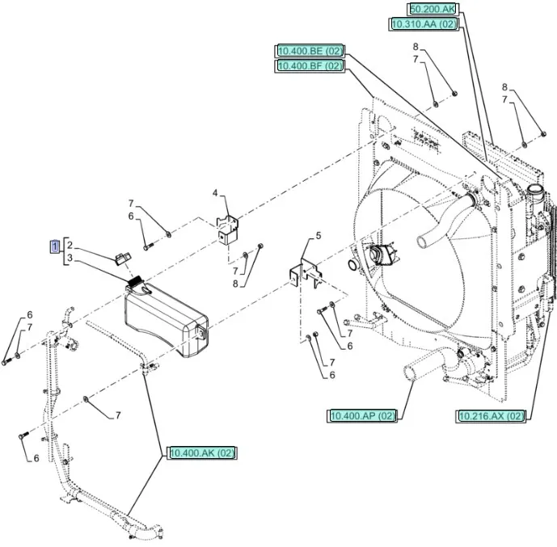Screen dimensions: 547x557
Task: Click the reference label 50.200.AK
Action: [433, 9]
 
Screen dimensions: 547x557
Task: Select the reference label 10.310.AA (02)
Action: [424, 25]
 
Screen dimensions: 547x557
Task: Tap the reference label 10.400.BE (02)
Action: [310, 51]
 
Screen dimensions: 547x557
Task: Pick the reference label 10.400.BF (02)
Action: [310, 66]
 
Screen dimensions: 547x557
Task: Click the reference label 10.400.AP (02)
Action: [363, 415]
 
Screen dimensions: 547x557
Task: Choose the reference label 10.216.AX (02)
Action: [491, 415]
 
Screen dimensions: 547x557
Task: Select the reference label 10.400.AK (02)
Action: [202, 453]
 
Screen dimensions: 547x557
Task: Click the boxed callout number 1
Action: [55, 245]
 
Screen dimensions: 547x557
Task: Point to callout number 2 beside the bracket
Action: [70, 245]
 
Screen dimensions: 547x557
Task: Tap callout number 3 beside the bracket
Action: [70, 258]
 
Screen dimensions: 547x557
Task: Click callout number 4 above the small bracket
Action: [215, 193]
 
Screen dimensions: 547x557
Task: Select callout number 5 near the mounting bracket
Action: [319, 236]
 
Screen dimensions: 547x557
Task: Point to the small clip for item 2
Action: [122, 258]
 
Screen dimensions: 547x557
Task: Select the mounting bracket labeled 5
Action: [305, 271]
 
